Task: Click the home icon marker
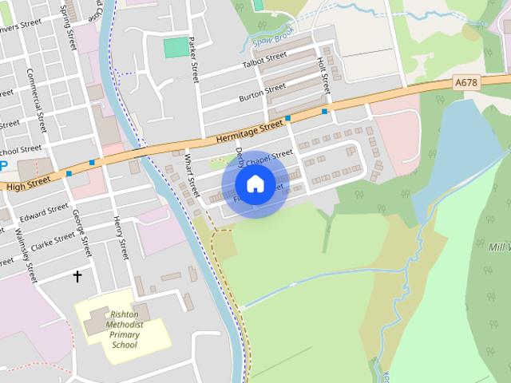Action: (255, 184)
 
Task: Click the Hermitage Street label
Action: (249, 132)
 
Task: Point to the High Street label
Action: (28, 183)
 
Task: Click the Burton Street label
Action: (262, 93)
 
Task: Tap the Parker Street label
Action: (194, 60)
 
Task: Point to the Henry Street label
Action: (121, 237)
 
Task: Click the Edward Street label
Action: (45, 212)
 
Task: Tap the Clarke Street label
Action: (53, 238)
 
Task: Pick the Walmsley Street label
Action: (26, 255)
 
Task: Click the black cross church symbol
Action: (77, 277)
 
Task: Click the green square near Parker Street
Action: (176, 48)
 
